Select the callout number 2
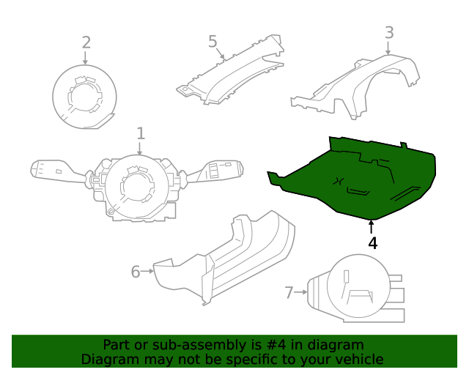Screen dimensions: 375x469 point(86,42)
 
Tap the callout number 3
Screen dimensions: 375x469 point(389,32)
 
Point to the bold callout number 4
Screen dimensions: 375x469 point(373,243)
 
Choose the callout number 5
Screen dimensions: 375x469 point(213,41)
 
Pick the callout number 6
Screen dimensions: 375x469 point(136,272)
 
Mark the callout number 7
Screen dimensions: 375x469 point(289,293)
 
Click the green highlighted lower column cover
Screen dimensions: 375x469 point(352,176)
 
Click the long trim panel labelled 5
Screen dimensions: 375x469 point(231,73)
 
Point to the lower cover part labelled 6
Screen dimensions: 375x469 point(234,256)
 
